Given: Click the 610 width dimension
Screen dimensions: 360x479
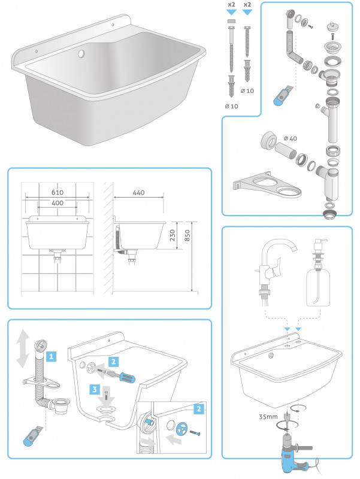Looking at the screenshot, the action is (x=58, y=192).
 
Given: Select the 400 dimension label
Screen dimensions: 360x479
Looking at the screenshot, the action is (x=58, y=203).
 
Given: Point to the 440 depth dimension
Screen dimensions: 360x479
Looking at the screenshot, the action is (x=138, y=192).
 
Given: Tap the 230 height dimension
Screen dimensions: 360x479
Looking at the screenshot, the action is (x=173, y=235).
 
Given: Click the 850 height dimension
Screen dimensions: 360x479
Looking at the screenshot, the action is (x=187, y=235).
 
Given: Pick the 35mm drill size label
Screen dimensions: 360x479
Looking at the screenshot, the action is (x=268, y=416).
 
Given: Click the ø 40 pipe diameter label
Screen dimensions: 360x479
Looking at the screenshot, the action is (x=291, y=138).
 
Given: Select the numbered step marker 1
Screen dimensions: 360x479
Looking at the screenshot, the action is (x=52, y=356).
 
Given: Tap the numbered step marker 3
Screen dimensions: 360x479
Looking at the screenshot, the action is (x=95, y=390).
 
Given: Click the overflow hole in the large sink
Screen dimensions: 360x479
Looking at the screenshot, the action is (x=81, y=54).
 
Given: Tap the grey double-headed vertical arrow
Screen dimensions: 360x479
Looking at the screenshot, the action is (x=23, y=349).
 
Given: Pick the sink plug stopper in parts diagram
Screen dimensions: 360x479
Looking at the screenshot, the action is (x=331, y=26).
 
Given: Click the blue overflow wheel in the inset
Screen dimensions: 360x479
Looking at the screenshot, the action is (x=182, y=428).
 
